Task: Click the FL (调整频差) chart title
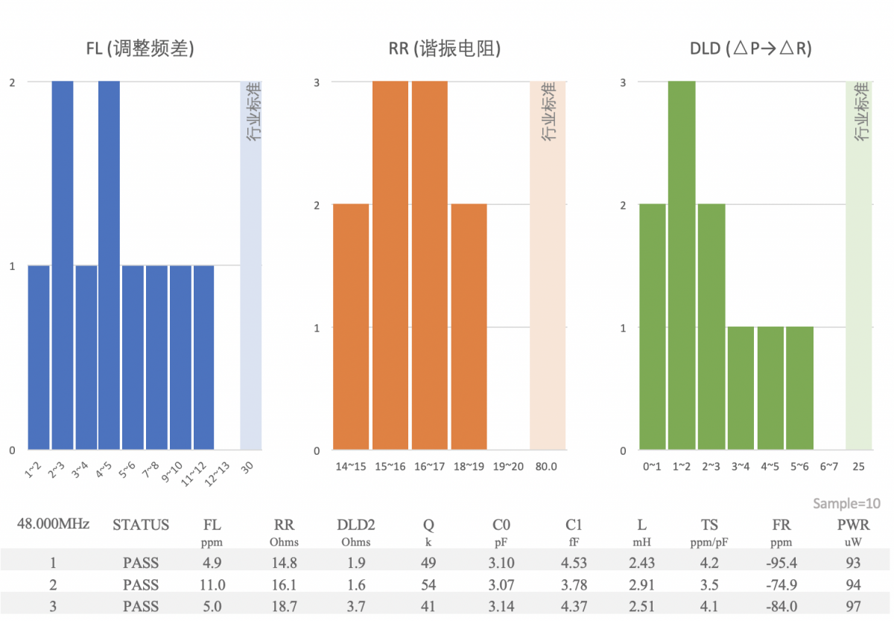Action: point(141,49)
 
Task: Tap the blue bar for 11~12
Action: point(204,357)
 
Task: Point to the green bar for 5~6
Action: point(799,388)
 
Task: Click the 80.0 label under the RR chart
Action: point(545,467)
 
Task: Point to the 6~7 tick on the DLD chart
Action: point(828,467)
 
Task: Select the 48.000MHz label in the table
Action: point(54,524)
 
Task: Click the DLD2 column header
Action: point(356,525)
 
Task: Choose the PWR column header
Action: point(854,525)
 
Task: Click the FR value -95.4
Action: point(781,563)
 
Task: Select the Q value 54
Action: point(428,584)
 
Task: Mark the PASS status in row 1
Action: point(141,563)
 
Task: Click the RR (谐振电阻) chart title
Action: point(445,49)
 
